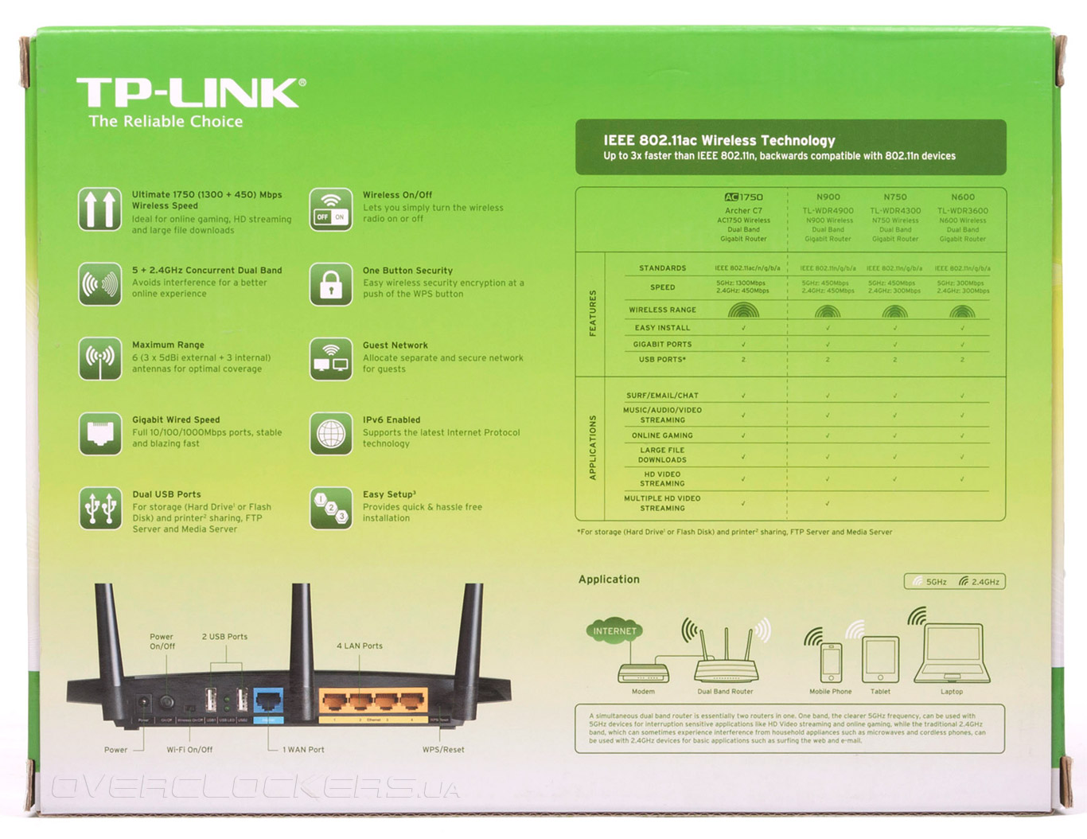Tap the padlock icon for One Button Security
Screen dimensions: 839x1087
click(x=331, y=284)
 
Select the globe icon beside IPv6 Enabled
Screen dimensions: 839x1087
click(x=331, y=434)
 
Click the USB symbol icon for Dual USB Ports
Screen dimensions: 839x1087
click(x=100, y=509)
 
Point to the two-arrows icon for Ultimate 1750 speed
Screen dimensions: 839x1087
click(x=100, y=209)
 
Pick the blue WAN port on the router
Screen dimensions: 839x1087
click(x=269, y=701)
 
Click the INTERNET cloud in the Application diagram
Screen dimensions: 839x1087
click(x=614, y=631)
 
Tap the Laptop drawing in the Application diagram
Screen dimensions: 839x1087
click(x=952, y=654)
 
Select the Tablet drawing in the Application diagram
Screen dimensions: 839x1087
click(x=880, y=659)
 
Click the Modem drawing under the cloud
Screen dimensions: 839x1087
click(x=643, y=673)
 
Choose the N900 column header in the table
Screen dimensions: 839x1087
click(x=828, y=197)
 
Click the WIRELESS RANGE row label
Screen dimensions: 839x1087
click(x=662, y=310)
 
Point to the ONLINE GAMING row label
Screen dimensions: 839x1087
click(x=662, y=435)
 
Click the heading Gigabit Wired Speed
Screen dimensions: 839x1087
click(x=176, y=419)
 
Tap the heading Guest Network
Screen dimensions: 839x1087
click(x=395, y=345)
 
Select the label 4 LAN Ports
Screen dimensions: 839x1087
click(x=360, y=646)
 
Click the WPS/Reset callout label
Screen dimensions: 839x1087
click(x=443, y=749)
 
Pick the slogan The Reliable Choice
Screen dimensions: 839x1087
click(x=166, y=122)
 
